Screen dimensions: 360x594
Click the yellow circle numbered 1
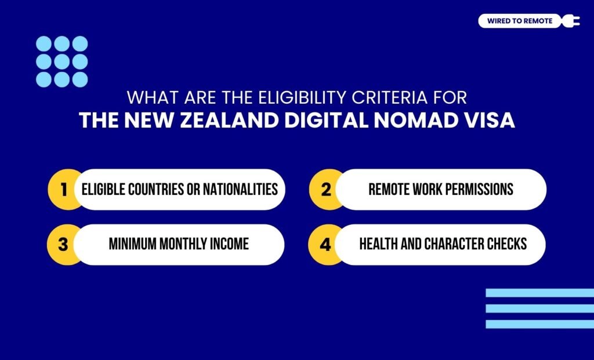(x=63, y=190)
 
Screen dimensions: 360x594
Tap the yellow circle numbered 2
(x=325, y=190)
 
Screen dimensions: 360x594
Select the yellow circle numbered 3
(x=63, y=244)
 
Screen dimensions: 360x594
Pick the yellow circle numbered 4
(x=325, y=244)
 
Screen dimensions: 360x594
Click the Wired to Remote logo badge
(x=520, y=21)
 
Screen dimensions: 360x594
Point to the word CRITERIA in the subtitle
(x=376, y=96)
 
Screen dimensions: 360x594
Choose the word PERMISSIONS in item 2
(x=477, y=190)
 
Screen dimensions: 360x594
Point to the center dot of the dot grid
(x=62, y=61)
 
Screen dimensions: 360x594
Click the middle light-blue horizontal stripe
(x=539, y=308)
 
